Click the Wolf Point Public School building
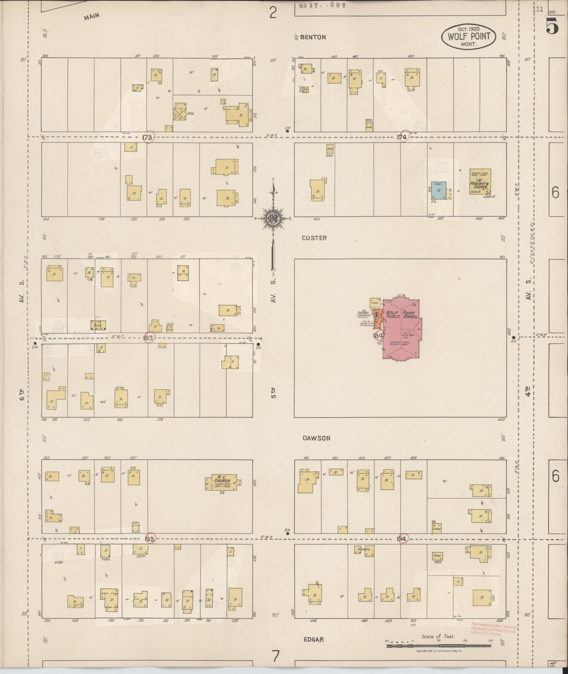401,329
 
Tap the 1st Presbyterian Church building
480,182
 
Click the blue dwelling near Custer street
439,191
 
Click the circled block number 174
402,137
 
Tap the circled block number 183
149,338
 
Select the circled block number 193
150,539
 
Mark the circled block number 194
402,539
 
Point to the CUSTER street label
314,238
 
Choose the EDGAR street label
313,639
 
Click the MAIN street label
92,16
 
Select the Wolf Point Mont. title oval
468,36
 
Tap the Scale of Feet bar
438,646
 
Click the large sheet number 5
552,26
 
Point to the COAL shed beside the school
375,303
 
